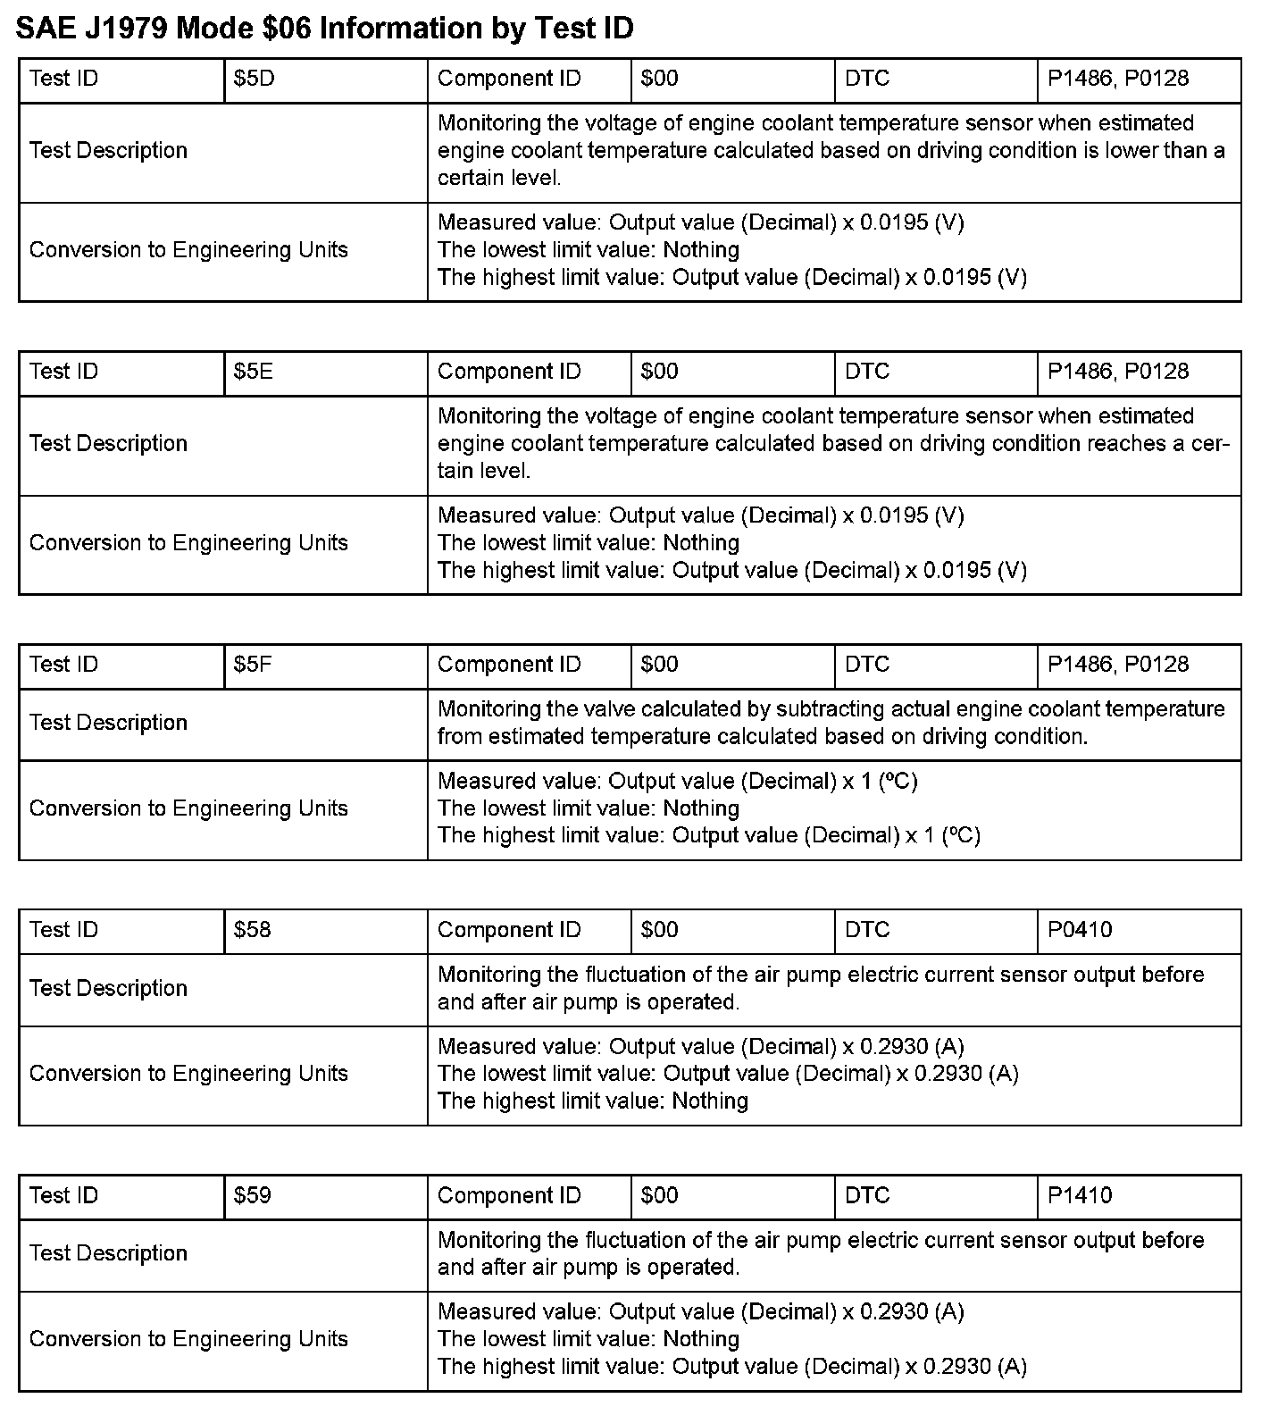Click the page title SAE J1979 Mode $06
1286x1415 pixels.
[325, 29]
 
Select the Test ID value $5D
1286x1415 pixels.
[254, 79]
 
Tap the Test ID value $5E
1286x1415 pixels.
[253, 372]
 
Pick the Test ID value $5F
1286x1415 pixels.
[253, 665]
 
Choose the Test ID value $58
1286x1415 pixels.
[252, 930]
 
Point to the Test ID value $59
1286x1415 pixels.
[252, 1196]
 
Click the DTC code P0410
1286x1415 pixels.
[1080, 930]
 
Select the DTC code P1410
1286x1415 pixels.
[1080, 1196]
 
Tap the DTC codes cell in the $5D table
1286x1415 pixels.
[1118, 79]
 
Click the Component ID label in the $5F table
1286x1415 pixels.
[509, 665]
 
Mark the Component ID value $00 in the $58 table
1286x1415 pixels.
[659, 930]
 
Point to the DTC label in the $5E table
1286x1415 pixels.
[867, 372]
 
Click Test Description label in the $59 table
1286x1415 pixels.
[108, 1253]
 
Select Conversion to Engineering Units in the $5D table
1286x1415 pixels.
[188, 250]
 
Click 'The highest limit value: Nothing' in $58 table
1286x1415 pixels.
[592, 1101]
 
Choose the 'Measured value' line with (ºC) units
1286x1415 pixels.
[677, 782]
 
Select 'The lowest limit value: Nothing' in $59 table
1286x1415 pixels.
[588, 1339]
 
